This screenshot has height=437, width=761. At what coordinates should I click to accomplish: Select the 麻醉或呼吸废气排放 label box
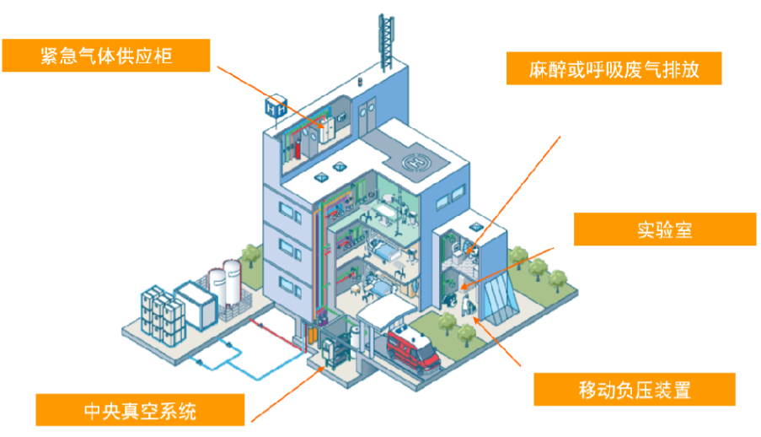(x=614, y=68)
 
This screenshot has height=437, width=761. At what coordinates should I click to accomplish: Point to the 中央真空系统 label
(x=140, y=411)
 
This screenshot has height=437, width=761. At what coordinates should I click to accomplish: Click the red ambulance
(x=414, y=347)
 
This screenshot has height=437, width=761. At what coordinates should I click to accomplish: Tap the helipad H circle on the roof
(x=418, y=160)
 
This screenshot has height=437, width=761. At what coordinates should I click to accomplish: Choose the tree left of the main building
(x=250, y=254)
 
